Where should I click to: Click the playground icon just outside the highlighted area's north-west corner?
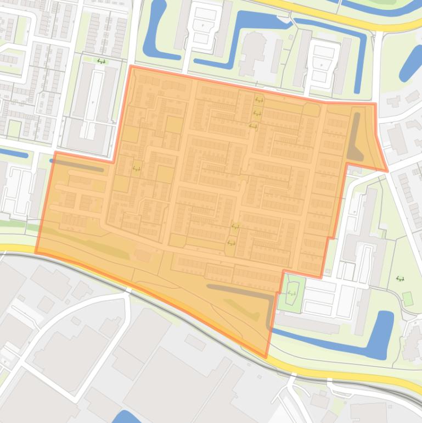pos(100,61)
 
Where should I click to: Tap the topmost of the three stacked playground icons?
pos(258,101)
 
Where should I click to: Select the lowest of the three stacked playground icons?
pos(253,126)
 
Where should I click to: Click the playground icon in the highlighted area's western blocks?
pos(136,169)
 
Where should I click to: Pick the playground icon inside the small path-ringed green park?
pos(291,294)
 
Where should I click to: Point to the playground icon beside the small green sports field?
pos(400,279)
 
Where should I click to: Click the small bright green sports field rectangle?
pos(407,298)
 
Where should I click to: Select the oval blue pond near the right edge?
pos(410,63)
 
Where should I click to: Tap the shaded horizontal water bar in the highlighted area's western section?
pos(77,166)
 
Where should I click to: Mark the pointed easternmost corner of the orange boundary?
pos(387,171)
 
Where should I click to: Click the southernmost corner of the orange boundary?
pos(267,357)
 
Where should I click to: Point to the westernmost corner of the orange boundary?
pos(36,252)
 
